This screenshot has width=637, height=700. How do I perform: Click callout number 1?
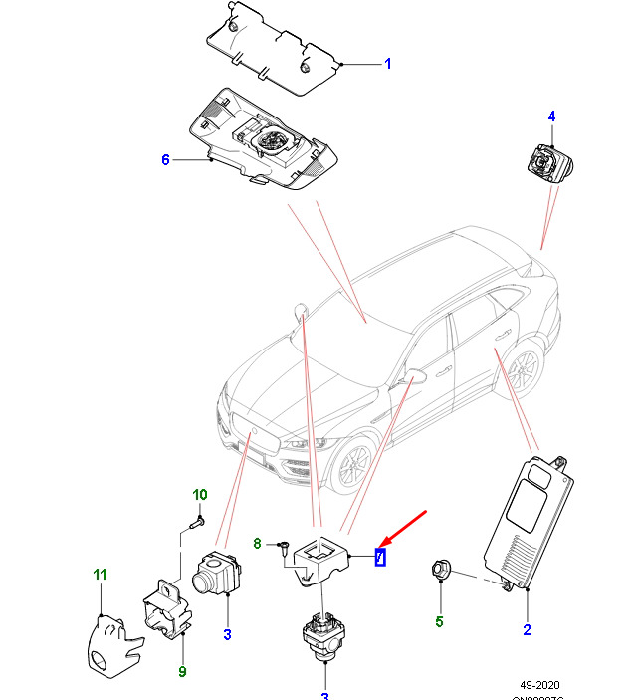coord(387,65)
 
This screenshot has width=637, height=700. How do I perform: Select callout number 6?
coord(166,159)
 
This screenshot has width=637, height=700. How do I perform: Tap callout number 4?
coord(552,118)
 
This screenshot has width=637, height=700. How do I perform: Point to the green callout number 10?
coord(199,495)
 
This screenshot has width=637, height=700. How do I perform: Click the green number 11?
coord(100,574)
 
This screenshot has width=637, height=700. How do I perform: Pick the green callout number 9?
coord(182,671)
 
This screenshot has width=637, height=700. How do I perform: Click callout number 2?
coord(527,629)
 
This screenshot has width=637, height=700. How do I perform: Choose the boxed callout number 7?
coord(379,557)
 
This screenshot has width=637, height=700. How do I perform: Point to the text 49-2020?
coord(539,686)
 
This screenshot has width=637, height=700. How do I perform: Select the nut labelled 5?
coord(441,571)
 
